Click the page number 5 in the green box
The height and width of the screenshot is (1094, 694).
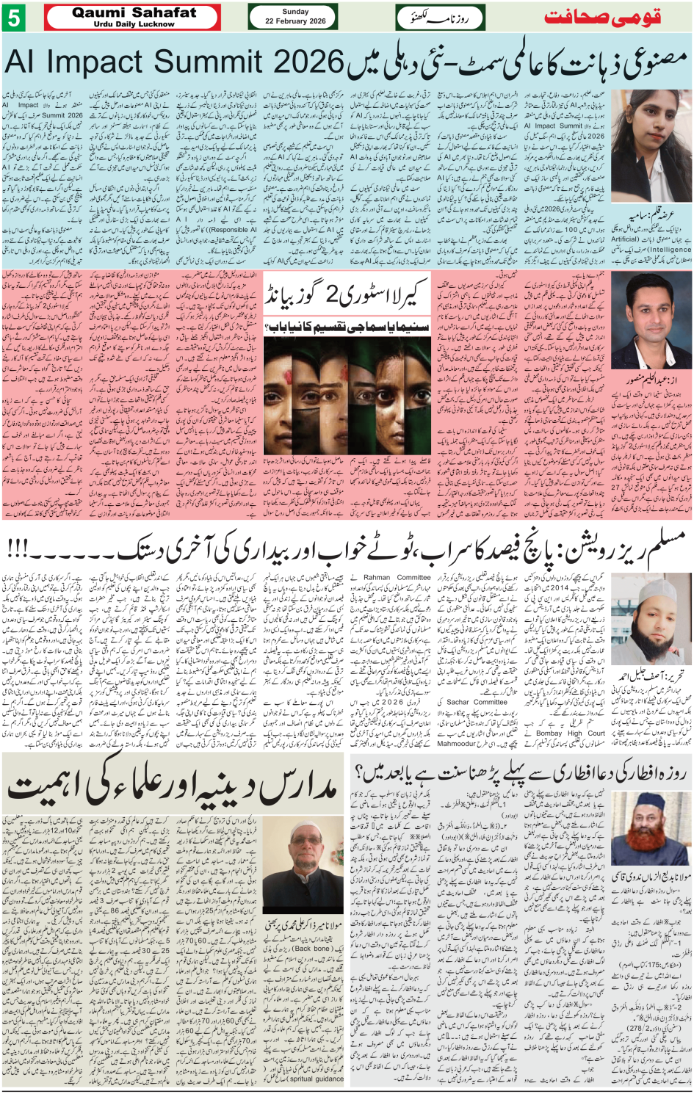pyautogui.click(x=13, y=18)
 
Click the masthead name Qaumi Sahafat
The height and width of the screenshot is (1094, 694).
pyautogui.click(x=134, y=12)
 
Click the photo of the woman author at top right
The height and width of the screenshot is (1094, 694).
pyautogui.click(x=650, y=147)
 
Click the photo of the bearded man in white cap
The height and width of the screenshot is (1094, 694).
pyautogui.click(x=650, y=623)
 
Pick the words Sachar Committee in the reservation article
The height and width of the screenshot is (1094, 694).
pyautogui.click(x=477, y=702)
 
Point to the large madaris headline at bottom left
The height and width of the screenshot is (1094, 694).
pyautogui.click(x=173, y=786)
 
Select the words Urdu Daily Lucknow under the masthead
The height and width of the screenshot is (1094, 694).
pyautogui.click(x=134, y=24)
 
